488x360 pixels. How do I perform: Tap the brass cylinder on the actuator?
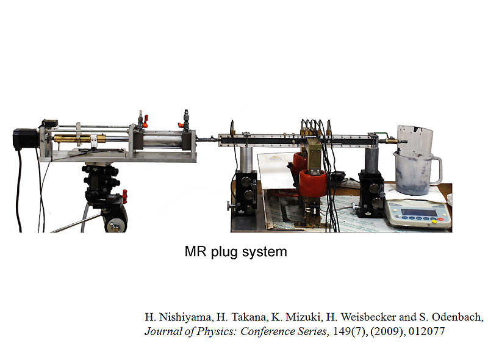click(x=80, y=138)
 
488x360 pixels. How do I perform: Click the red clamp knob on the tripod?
click(x=125, y=196)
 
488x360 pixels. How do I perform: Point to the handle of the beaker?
click(x=437, y=170)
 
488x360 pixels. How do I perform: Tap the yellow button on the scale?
click(x=434, y=221)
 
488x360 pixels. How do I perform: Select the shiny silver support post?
click(x=246, y=160)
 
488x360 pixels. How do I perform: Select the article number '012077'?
click(x=426, y=331)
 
